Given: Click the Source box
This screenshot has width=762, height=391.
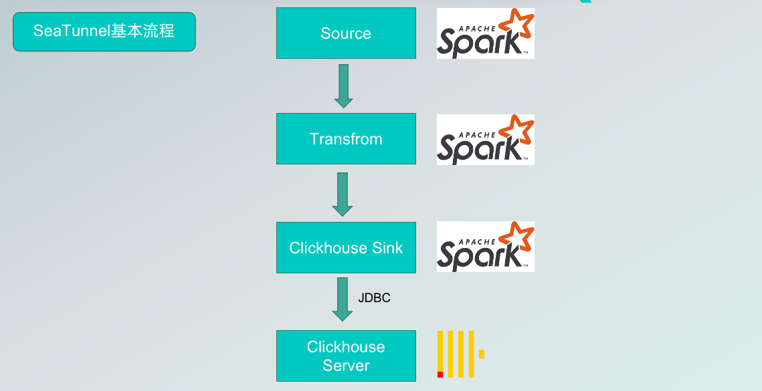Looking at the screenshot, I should click(346, 33).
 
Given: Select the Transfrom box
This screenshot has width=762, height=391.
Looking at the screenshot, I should click(346, 139).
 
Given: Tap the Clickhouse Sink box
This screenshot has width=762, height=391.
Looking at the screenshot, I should click(346, 248).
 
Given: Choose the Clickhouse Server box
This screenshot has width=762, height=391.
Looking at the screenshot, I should click(346, 356).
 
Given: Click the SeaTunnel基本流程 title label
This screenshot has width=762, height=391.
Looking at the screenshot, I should click(104, 31).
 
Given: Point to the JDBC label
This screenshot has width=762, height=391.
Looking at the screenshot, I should click(374, 298).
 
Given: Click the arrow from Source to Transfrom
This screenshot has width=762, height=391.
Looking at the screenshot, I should click(343, 86).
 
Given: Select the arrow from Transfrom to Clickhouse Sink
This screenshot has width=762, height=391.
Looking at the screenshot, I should click(343, 194).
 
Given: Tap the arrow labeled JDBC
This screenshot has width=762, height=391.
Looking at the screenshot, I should click(343, 299).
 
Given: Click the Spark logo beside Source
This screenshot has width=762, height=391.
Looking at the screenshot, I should click(485, 33).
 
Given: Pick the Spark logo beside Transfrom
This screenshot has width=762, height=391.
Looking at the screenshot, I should click(485, 139).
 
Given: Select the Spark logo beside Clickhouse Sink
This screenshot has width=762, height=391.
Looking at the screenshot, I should click(485, 247).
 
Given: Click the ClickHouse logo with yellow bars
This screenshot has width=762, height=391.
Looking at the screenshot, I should click(460, 354).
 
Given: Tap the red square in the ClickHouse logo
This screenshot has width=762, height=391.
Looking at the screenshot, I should click(440, 374).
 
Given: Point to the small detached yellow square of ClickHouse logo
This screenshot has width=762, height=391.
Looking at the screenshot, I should click(482, 354).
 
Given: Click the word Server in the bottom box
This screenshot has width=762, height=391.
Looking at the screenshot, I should click(346, 366).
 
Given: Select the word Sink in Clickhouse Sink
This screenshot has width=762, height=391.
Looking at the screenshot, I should click(387, 248).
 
